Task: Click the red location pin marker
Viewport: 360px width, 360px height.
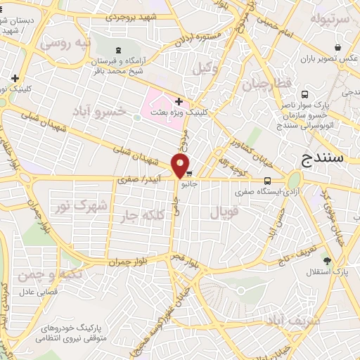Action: pyautogui.click(x=181, y=165)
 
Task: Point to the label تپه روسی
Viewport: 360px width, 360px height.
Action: pyautogui.click(x=65, y=43)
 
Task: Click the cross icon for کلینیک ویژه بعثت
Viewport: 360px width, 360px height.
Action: pyautogui.click(x=179, y=102)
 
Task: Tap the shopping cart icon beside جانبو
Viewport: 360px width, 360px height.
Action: pyautogui.click(x=188, y=174)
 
